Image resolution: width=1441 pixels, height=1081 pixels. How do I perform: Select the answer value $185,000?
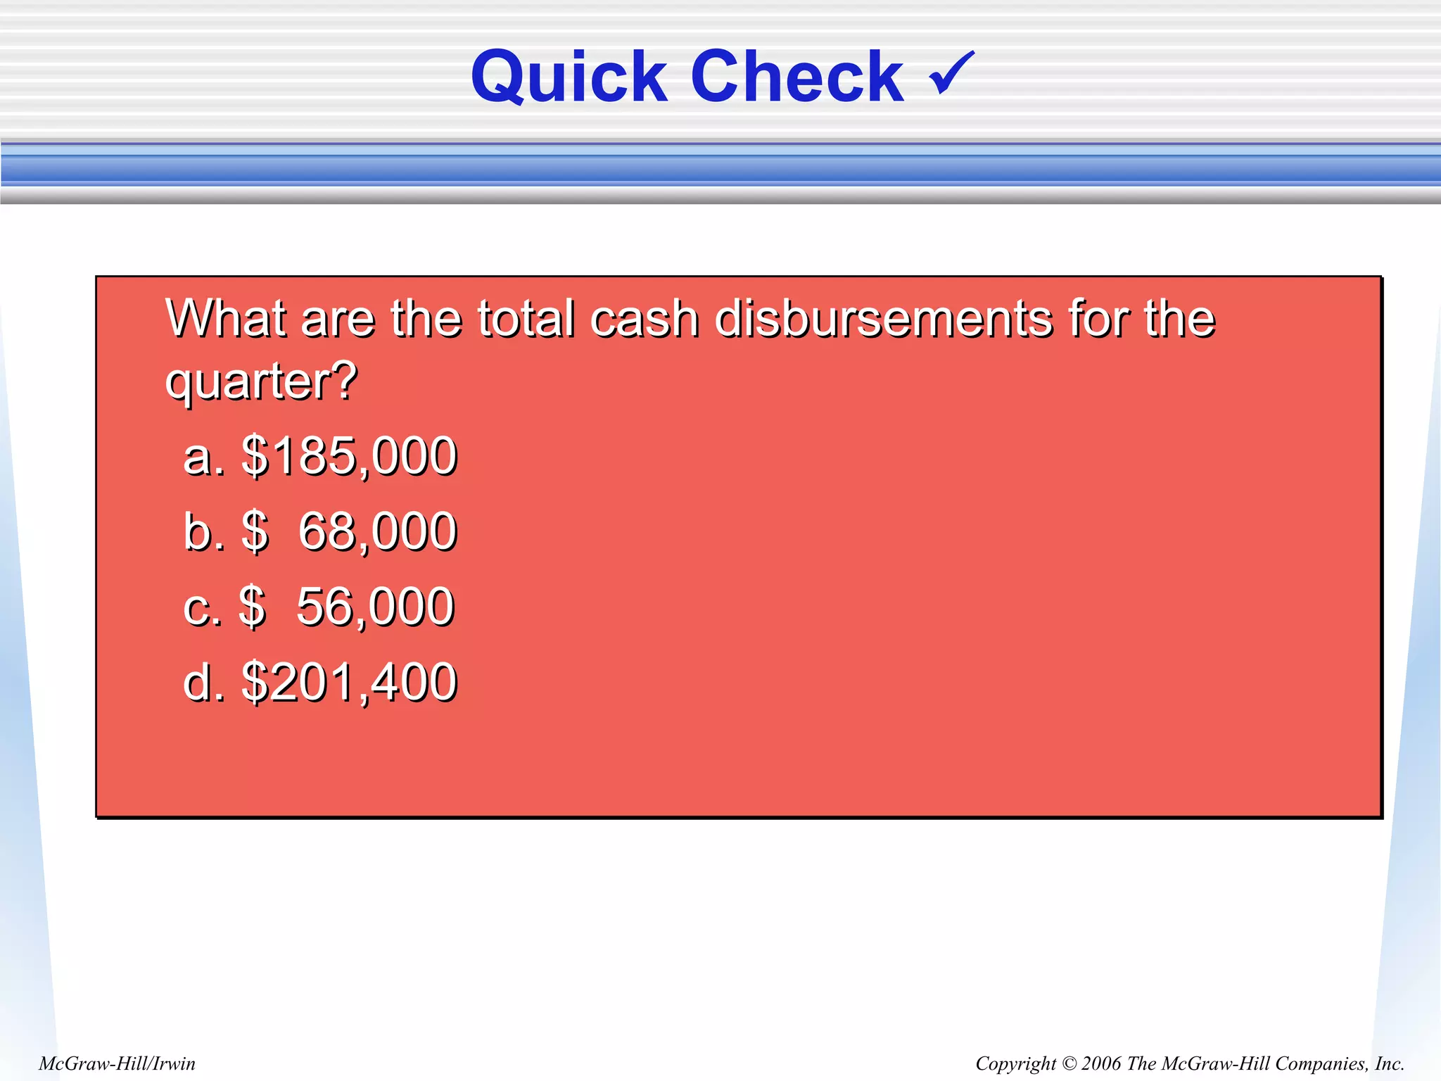coord(349,456)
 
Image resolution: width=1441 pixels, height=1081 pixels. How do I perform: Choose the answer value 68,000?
coord(377,531)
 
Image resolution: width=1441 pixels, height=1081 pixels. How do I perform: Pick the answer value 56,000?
coord(375,607)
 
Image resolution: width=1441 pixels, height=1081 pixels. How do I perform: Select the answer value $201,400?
coord(349,682)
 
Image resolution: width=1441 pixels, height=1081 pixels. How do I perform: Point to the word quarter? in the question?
coord(261,381)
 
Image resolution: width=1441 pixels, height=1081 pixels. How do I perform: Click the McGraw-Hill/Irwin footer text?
coord(117,1063)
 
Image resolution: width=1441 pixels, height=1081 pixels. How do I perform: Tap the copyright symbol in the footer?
coord(1068,1063)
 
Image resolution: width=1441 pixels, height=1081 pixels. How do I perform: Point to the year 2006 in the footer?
coord(1101,1063)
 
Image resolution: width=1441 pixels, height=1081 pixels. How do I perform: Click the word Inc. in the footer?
coord(1389,1063)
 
